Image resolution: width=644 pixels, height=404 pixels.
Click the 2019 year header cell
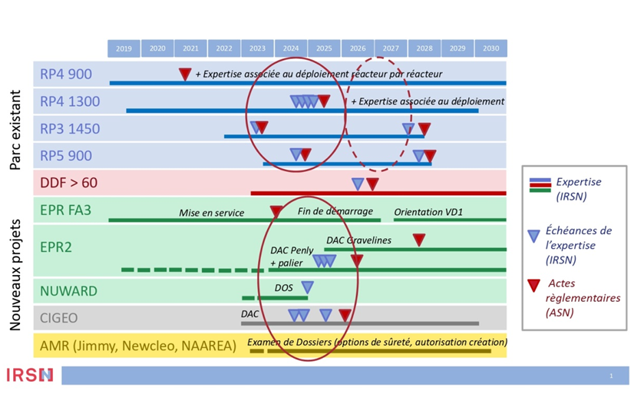click(x=124, y=48)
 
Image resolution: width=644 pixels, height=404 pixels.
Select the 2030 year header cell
click(x=490, y=48)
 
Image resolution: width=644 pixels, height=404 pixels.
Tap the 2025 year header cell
click(x=324, y=48)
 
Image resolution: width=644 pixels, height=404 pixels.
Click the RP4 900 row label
click(x=66, y=75)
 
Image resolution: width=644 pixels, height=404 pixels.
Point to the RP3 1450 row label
click(x=70, y=128)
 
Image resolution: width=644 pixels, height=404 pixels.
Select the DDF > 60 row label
click(x=69, y=183)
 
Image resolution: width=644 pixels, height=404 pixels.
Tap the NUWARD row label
click(x=69, y=291)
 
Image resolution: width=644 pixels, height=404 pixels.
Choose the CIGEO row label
click(x=59, y=318)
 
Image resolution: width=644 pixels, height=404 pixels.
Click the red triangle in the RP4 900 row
click(x=185, y=74)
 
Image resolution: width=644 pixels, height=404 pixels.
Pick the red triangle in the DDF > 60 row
click(x=372, y=184)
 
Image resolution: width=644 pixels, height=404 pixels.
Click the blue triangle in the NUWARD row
click(x=307, y=287)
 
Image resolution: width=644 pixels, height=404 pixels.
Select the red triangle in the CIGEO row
click(x=345, y=315)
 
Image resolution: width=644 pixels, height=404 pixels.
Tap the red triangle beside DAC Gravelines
click(x=419, y=240)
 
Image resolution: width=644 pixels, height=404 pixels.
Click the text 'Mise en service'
click(x=212, y=213)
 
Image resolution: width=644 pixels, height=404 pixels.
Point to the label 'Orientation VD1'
click(x=428, y=212)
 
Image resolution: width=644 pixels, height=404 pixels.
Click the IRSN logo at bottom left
click(x=30, y=375)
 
